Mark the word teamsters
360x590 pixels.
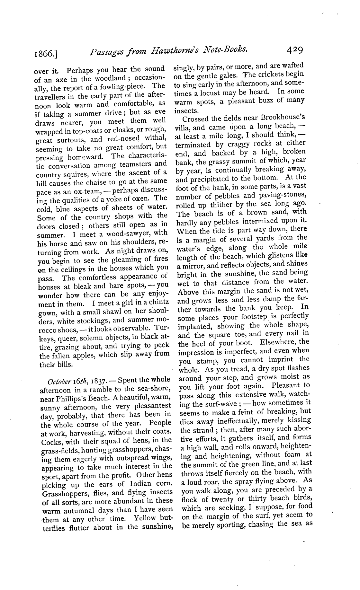[140, 164]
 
